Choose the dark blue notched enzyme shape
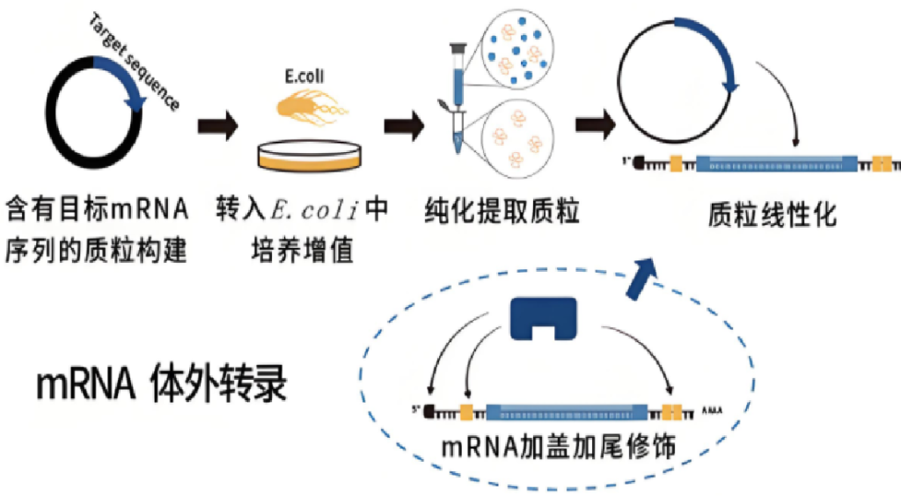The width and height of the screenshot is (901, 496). [544, 318]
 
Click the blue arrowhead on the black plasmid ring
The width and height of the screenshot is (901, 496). [136, 102]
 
